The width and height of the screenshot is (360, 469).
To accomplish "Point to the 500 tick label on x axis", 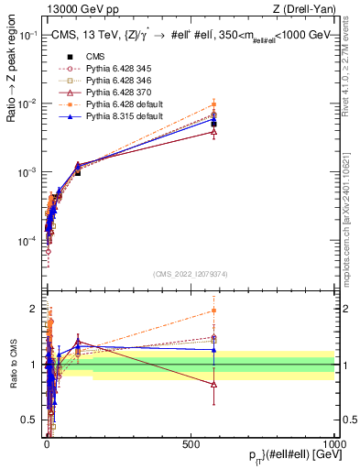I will pos(191,442).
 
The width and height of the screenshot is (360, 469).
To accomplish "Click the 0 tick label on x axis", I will pos(47,442).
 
